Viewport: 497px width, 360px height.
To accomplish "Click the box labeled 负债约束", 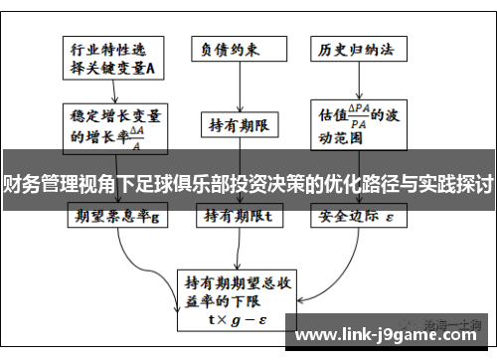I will pyautogui.click(x=239, y=48).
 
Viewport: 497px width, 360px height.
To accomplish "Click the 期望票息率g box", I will pyautogui.click(x=117, y=214).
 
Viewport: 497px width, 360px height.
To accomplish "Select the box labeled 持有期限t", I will pyautogui.click(x=239, y=214).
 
